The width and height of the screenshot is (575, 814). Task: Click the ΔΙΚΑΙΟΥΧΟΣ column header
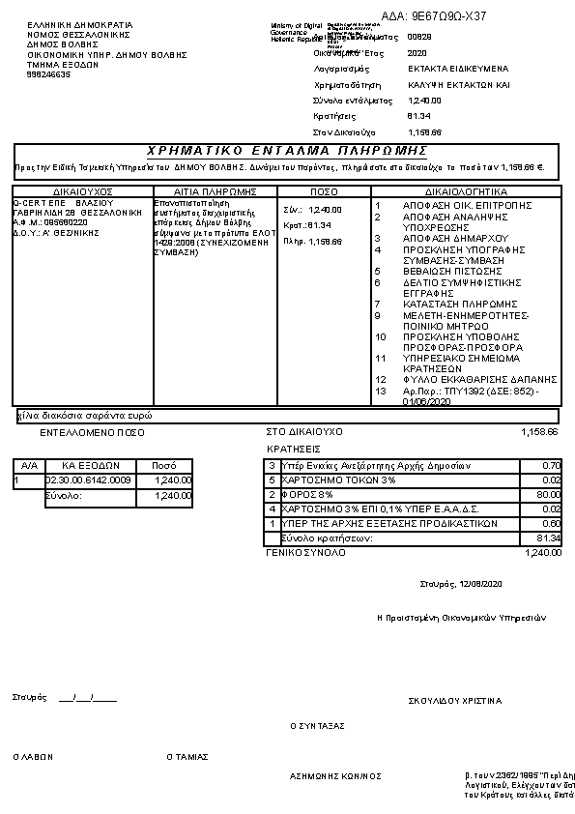[x=83, y=191]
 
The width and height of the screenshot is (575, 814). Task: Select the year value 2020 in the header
[x=417, y=53]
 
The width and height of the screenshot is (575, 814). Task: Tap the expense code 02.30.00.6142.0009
[x=89, y=480]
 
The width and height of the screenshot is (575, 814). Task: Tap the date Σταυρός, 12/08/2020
[x=462, y=584]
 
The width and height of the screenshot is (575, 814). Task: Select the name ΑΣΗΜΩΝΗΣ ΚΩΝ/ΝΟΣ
[x=335, y=775]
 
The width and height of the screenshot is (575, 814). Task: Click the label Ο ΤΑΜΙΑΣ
[x=187, y=757]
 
